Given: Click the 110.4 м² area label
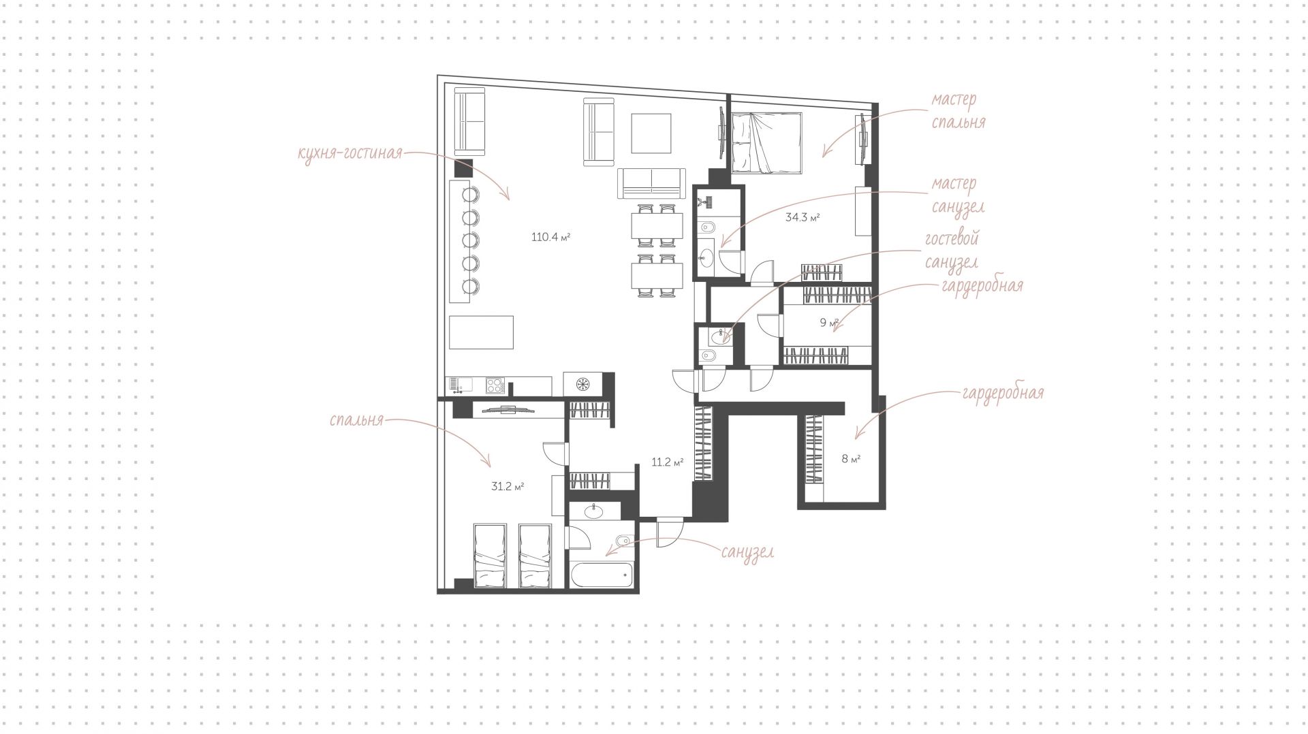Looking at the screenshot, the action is pyautogui.click(x=550, y=238).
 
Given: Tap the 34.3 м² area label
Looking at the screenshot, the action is pyautogui.click(x=802, y=218).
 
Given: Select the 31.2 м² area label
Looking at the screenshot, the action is pyautogui.click(x=508, y=487).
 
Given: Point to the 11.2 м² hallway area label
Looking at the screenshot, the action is pyautogui.click(x=668, y=462).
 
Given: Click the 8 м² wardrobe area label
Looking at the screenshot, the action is pyautogui.click(x=851, y=459).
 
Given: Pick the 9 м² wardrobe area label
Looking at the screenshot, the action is pyautogui.click(x=829, y=323).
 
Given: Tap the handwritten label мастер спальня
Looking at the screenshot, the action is pyautogui.click(x=957, y=110).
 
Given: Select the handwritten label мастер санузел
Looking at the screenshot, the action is pyautogui.click(x=957, y=195).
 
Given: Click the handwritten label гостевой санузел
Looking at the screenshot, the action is pyautogui.click(x=952, y=251).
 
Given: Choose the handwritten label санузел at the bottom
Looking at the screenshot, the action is pyautogui.click(x=747, y=552).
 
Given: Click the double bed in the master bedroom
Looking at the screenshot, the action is pyautogui.click(x=766, y=142).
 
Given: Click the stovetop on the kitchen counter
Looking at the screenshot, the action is pyautogui.click(x=495, y=385).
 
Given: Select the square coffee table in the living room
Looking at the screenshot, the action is pyautogui.click(x=651, y=133).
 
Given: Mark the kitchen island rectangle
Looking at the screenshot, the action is pyautogui.click(x=481, y=332).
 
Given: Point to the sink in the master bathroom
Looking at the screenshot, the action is pyautogui.click(x=706, y=257).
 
